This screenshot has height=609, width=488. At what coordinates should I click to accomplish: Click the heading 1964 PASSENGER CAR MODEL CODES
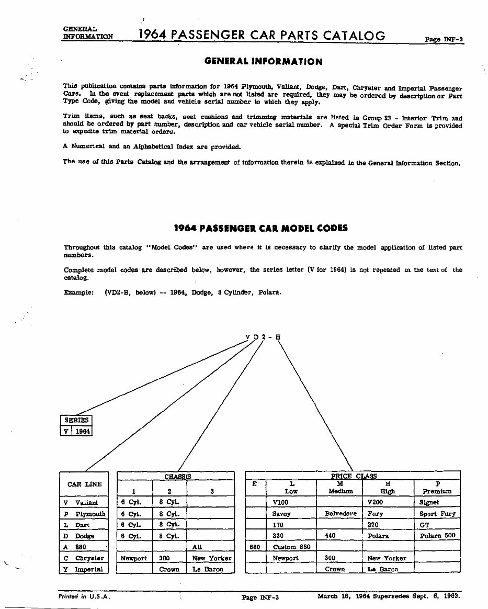(260, 229)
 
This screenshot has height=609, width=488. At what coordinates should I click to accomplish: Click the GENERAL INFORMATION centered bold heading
(263, 62)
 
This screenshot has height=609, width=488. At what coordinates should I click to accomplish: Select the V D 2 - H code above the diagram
(263, 337)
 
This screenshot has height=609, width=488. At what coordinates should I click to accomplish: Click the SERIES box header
(76, 420)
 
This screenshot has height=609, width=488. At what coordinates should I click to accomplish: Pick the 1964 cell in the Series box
(83, 431)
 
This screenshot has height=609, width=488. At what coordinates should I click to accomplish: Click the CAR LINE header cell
(85, 484)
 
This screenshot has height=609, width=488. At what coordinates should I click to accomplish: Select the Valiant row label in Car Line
(86, 503)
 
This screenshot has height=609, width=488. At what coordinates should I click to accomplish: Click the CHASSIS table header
(178, 477)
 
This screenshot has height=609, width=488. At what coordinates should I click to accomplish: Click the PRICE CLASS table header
(354, 476)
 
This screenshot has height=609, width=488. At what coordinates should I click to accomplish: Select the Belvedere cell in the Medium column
(341, 514)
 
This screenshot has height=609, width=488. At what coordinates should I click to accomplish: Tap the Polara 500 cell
(437, 536)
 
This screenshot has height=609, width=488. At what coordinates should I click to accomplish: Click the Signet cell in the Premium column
(429, 502)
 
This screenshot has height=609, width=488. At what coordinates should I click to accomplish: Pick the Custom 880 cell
(291, 547)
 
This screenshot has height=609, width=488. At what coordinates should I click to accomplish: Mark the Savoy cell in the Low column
(281, 514)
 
